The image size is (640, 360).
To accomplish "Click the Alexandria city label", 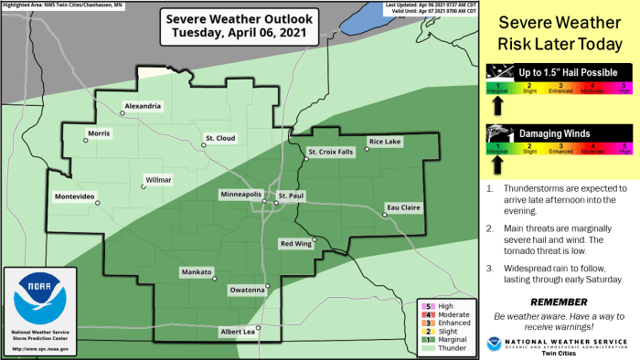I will tap(144, 107).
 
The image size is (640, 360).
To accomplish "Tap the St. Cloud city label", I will tap(219, 138).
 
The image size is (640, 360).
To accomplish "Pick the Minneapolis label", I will tap(240, 195).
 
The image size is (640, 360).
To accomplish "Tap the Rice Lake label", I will tap(384, 142).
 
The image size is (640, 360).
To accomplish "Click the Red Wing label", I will tap(296, 244).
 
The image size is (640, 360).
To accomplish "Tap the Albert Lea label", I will tap(235, 331).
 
